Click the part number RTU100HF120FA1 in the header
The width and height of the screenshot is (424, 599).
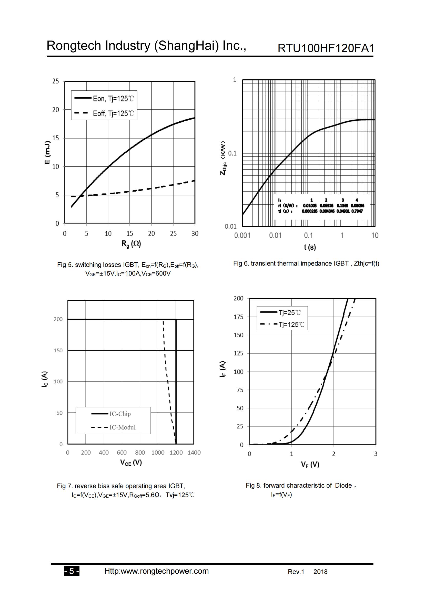(326, 48)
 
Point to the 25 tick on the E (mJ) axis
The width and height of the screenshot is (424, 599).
(56, 81)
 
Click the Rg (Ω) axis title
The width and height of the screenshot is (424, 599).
(131, 244)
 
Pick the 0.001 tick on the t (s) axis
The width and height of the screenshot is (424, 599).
(242, 236)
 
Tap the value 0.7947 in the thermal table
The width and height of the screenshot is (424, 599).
(357, 211)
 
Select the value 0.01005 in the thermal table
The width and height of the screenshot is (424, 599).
(310, 206)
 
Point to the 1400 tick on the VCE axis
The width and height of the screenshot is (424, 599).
(194, 453)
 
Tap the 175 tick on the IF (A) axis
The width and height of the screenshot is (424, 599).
(238, 317)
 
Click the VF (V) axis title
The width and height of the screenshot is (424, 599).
(310, 464)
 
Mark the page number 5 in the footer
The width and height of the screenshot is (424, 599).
(72, 571)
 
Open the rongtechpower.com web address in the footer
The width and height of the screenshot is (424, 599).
(156, 571)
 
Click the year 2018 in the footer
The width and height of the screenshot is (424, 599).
(320, 572)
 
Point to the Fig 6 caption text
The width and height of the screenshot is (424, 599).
(306, 264)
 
